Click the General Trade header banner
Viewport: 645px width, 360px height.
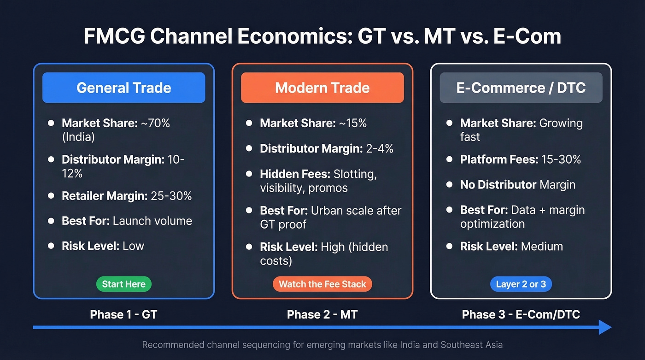pyautogui.click(x=123, y=88)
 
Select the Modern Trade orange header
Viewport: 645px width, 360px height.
pyautogui.click(x=322, y=88)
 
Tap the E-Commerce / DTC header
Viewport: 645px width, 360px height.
pyautogui.click(x=521, y=88)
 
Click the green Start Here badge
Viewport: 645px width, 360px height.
pyautogui.click(x=123, y=284)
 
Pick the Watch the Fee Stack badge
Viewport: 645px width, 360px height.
pyautogui.click(x=322, y=284)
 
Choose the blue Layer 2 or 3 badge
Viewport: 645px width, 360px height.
pyautogui.click(x=521, y=284)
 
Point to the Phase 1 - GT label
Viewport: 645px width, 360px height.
pyautogui.click(x=123, y=314)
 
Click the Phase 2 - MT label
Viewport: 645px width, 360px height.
pyautogui.click(x=322, y=314)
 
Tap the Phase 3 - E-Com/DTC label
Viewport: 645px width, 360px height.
pyautogui.click(x=521, y=314)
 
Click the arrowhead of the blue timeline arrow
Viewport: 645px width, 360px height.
pyautogui.click(x=604, y=327)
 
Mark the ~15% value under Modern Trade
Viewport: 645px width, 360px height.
pyautogui.click(x=352, y=124)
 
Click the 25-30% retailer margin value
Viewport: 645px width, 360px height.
pyautogui.click(x=171, y=195)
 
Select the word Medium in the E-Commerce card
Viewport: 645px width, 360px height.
pyautogui.click(x=542, y=247)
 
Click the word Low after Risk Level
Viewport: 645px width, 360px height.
pyautogui.click(x=133, y=246)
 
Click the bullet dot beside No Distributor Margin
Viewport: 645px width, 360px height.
pyautogui.click(x=449, y=185)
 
